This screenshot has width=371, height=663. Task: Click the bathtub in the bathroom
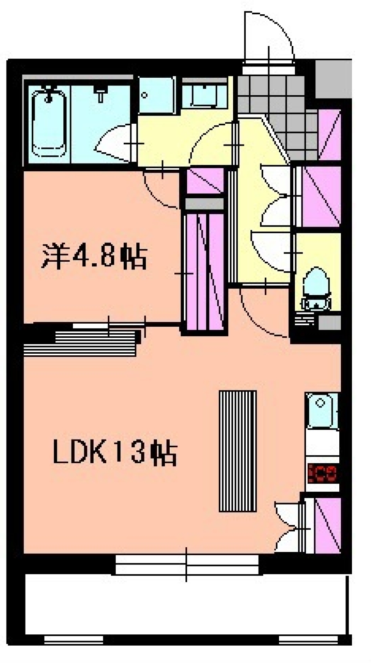(x=48, y=123)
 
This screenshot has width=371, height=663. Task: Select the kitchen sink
(x=321, y=411)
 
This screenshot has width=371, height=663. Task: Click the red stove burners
(x=323, y=473)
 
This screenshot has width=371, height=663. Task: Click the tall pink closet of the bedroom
(x=205, y=271)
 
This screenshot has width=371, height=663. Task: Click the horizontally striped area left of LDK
(x=81, y=343)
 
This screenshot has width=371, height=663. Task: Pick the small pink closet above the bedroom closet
(x=204, y=181)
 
